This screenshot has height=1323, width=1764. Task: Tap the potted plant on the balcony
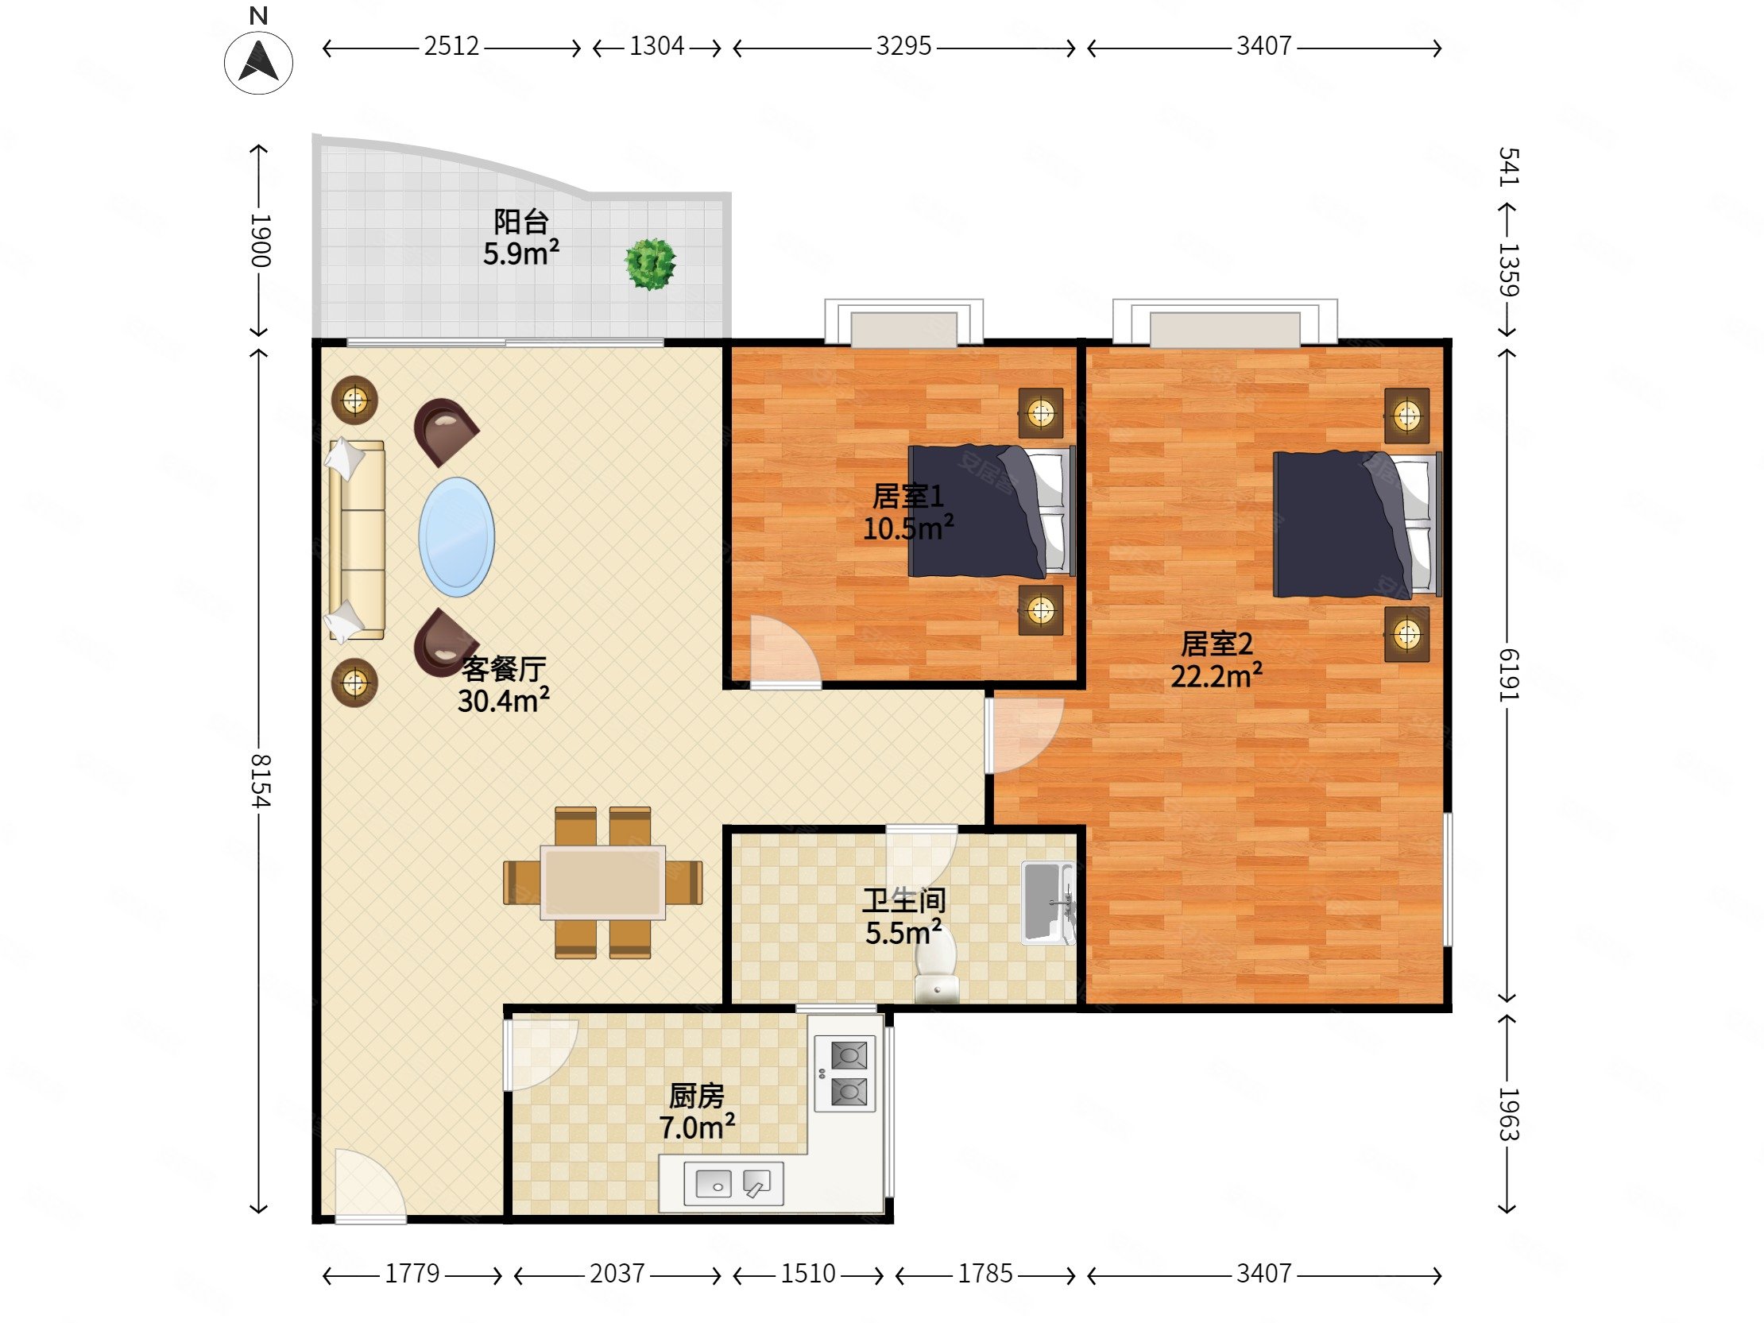click(x=651, y=263)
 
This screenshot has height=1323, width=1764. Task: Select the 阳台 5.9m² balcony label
click(x=520, y=237)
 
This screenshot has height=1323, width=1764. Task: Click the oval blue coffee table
click(x=457, y=536)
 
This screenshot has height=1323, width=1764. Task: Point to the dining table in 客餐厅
click(x=603, y=883)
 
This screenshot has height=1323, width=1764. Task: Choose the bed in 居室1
click(x=992, y=511)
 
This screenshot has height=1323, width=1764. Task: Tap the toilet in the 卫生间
click(x=936, y=966)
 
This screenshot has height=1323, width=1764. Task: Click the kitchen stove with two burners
click(x=845, y=1073)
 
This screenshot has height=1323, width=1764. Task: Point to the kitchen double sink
click(x=733, y=1183)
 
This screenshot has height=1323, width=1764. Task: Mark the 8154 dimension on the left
click(x=260, y=780)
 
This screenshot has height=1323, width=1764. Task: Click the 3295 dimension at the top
click(x=903, y=46)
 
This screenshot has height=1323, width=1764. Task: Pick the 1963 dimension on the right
click(x=1509, y=1114)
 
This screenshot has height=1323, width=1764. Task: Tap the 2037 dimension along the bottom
click(x=617, y=1274)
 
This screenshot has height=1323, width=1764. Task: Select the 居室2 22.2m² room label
click(x=1217, y=660)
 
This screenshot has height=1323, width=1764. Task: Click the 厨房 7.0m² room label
click(x=696, y=1112)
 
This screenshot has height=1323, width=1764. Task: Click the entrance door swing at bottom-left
click(x=371, y=1185)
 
